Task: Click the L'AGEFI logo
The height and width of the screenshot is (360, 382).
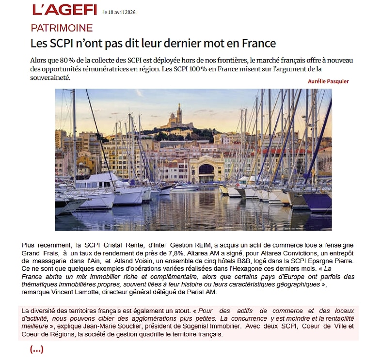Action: click(x=64, y=9)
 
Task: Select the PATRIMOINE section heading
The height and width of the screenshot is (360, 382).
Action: click(x=62, y=28)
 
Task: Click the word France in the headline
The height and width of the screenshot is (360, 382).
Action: click(x=255, y=43)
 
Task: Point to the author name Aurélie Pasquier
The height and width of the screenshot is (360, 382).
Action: click(x=328, y=81)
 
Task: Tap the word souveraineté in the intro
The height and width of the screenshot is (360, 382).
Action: click(x=50, y=78)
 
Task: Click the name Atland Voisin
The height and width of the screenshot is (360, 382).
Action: click(x=144, y=261)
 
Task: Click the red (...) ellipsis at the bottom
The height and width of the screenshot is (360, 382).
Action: click(x=37, y=349)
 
